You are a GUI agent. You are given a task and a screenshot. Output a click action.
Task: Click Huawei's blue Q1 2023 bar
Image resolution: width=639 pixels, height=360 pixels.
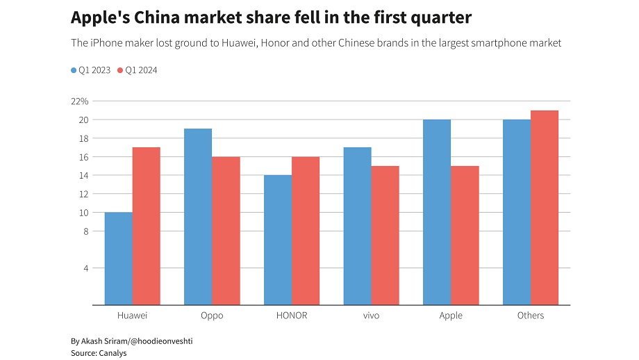point(118,259)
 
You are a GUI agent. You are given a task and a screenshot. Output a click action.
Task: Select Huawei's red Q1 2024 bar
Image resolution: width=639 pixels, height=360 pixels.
point(146,226)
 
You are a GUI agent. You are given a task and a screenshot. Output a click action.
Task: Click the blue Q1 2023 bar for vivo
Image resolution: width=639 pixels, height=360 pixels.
point(358,226)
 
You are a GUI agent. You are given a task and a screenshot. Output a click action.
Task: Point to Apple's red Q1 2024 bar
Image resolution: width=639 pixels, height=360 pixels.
point(465,235)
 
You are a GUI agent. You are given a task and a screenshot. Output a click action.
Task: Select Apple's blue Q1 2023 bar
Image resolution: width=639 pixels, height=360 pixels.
point(437,212)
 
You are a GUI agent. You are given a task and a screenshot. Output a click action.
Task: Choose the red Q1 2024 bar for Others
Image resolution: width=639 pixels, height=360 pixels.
point(545,207)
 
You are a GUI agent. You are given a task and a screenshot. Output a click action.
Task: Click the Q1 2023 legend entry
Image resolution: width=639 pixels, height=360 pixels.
point(92,70)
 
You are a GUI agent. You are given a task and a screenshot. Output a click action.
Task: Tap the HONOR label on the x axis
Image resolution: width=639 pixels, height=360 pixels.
point(292,316)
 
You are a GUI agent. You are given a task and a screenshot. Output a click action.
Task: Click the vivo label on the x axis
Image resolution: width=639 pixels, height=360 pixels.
point(371,316)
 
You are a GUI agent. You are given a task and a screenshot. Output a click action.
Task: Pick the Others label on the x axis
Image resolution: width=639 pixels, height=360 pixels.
point(531,316)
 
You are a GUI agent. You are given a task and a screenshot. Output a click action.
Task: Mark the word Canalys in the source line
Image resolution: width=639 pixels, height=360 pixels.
point(112,353)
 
